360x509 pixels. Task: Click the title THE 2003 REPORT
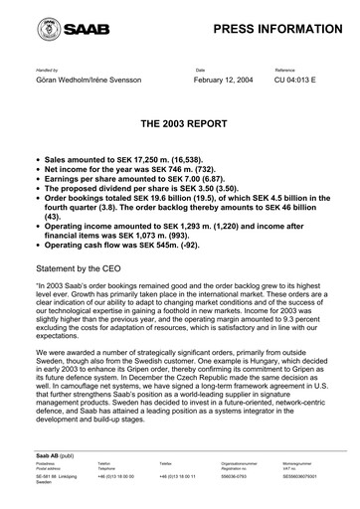180,128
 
